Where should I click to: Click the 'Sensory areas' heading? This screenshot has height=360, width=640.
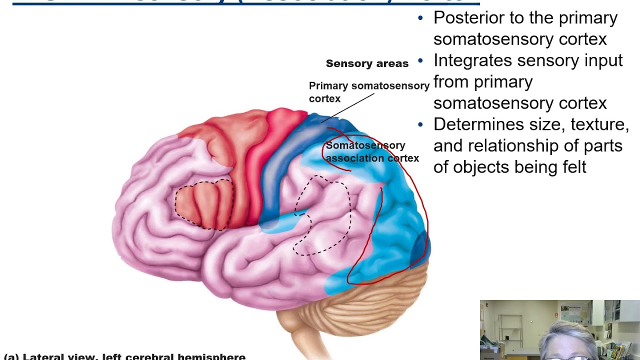click(367, 63)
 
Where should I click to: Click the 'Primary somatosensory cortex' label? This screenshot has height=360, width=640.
click(368, 91)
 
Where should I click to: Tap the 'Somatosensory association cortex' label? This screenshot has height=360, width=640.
click(372, 151)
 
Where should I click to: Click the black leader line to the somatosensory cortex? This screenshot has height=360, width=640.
click(347, 107)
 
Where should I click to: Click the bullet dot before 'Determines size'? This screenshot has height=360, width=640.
click(420, 124)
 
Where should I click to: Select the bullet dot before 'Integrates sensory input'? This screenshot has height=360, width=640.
click(420, 61)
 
